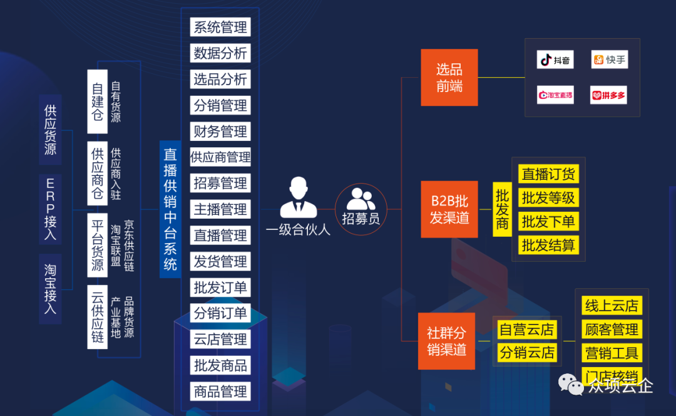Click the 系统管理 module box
point(220,27)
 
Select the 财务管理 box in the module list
point(220,132)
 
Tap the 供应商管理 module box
point(220,157)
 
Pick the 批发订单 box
point(220,288)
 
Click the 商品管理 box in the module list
point(220,392)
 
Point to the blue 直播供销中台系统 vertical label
point(170,209)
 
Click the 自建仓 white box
point(97,101)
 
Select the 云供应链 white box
point(97,316)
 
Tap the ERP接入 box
point(50,209)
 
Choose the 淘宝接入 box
point(50,289)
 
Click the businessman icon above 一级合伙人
point(298,197)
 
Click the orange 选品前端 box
point(449,77)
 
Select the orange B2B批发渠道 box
point(449,209)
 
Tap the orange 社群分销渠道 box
point(447,341)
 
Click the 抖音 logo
point(555,60)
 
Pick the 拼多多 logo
point(608,95)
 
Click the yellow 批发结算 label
point(548,245)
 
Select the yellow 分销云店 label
point(527,353)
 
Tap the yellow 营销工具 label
point(612,353)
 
